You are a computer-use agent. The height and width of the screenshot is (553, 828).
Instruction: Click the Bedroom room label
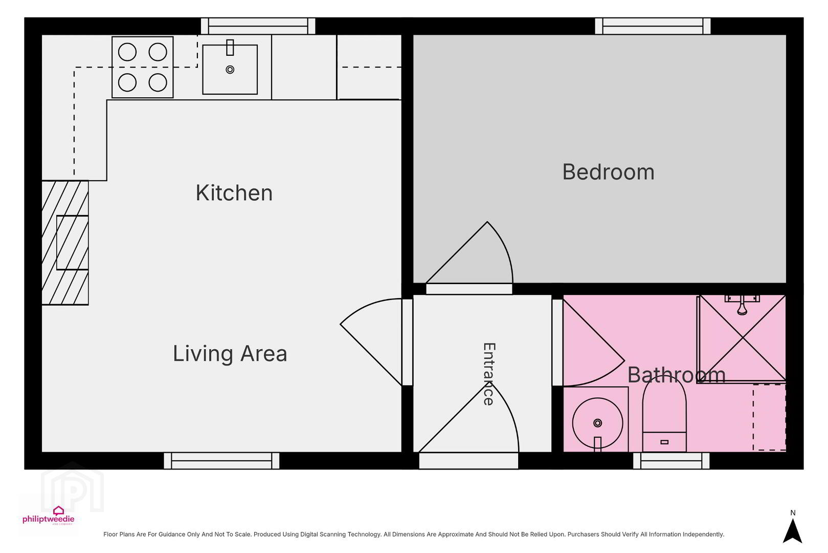click(x=608, y=172)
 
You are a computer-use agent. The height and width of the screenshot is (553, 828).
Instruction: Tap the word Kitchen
click(x=234, y=193)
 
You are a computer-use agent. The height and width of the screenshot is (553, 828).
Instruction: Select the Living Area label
click(x=230, y=353)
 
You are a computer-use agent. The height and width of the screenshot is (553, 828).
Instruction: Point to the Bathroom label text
click(x=677, y=375)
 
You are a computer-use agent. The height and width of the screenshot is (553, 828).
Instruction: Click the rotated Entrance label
click(x=489, y=374)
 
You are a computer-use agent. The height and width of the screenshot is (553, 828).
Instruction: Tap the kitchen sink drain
click(x=230, y=69)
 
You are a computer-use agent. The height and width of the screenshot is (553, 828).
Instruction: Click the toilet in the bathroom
click(x=664, y=414)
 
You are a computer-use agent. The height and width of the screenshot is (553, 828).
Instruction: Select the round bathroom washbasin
click(x=597, y=423)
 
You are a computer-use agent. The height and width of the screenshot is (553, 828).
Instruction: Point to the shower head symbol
click(x=742, y=306)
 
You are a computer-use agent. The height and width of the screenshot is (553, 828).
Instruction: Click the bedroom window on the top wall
click(x=653, y=26)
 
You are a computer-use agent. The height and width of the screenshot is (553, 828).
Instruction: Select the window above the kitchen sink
click(x=258, y=26)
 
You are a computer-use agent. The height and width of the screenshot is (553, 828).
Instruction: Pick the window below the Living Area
click(x=222, y=461)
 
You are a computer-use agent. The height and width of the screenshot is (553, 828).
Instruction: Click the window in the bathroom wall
click(x=672, y=461)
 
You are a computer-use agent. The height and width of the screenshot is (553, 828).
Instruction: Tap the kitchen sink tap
click(x=230, y=48)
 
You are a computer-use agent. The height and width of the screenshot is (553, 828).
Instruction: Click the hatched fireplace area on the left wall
click(x=65, y=243)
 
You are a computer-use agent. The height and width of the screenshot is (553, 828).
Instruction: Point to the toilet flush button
click(x=664, y=442)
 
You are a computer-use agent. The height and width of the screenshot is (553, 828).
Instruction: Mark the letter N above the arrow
click(x=793, y=513)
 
